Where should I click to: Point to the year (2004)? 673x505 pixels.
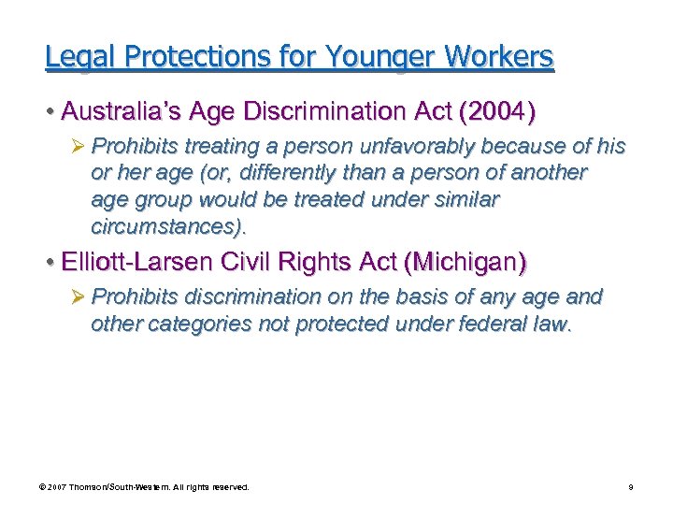495,113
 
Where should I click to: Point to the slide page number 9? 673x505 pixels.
631,487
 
